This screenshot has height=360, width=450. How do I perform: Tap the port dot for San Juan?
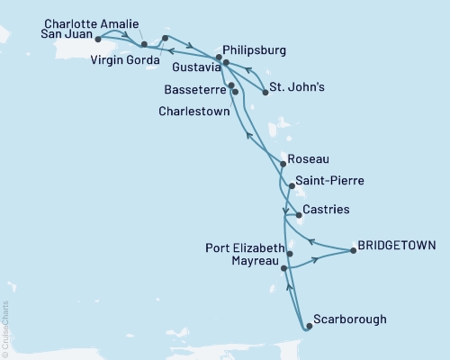pos(98,40)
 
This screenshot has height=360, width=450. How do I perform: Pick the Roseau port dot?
pos(283,165)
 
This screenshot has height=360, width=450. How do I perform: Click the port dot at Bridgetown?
pos(353,251)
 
